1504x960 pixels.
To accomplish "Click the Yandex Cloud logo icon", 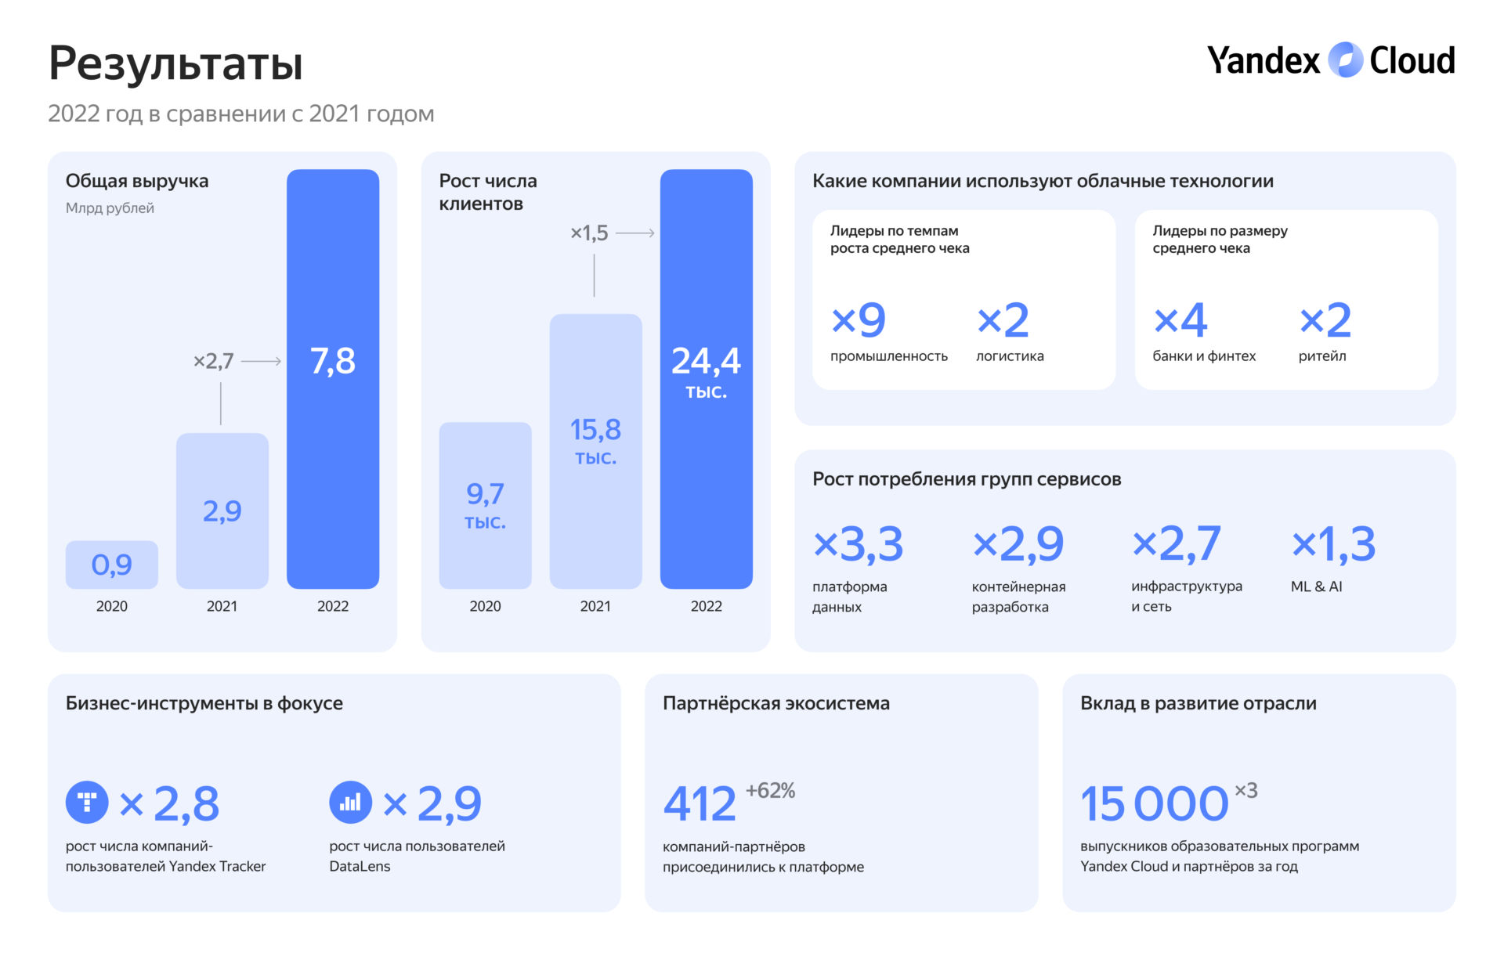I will pos(1345,60).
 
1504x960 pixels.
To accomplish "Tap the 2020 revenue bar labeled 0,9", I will pos(112,565).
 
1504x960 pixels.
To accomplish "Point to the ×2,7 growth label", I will pos(213,361).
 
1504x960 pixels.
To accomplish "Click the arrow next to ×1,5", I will pos(635,233).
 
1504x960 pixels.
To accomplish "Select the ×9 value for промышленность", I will pos(859,320).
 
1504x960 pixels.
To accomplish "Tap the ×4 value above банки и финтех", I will pos(1180,320).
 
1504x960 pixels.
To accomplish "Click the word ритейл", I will pos(1322,356).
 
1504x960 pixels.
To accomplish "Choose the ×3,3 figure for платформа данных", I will pos(859,544).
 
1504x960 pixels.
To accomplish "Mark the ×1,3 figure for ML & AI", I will pos(1333,544).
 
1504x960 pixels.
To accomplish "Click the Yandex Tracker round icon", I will pos(87,802).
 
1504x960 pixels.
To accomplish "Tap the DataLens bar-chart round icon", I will pos(350,802).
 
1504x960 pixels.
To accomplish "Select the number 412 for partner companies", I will pos(700,804).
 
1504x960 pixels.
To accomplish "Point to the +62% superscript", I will pos(770,791).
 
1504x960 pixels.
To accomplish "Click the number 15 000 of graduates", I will pos(1154,804).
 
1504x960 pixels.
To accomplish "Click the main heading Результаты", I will pos(176,63).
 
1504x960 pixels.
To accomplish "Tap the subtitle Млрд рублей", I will pos(110,208).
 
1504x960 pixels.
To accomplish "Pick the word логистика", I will pos(1010,356).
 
